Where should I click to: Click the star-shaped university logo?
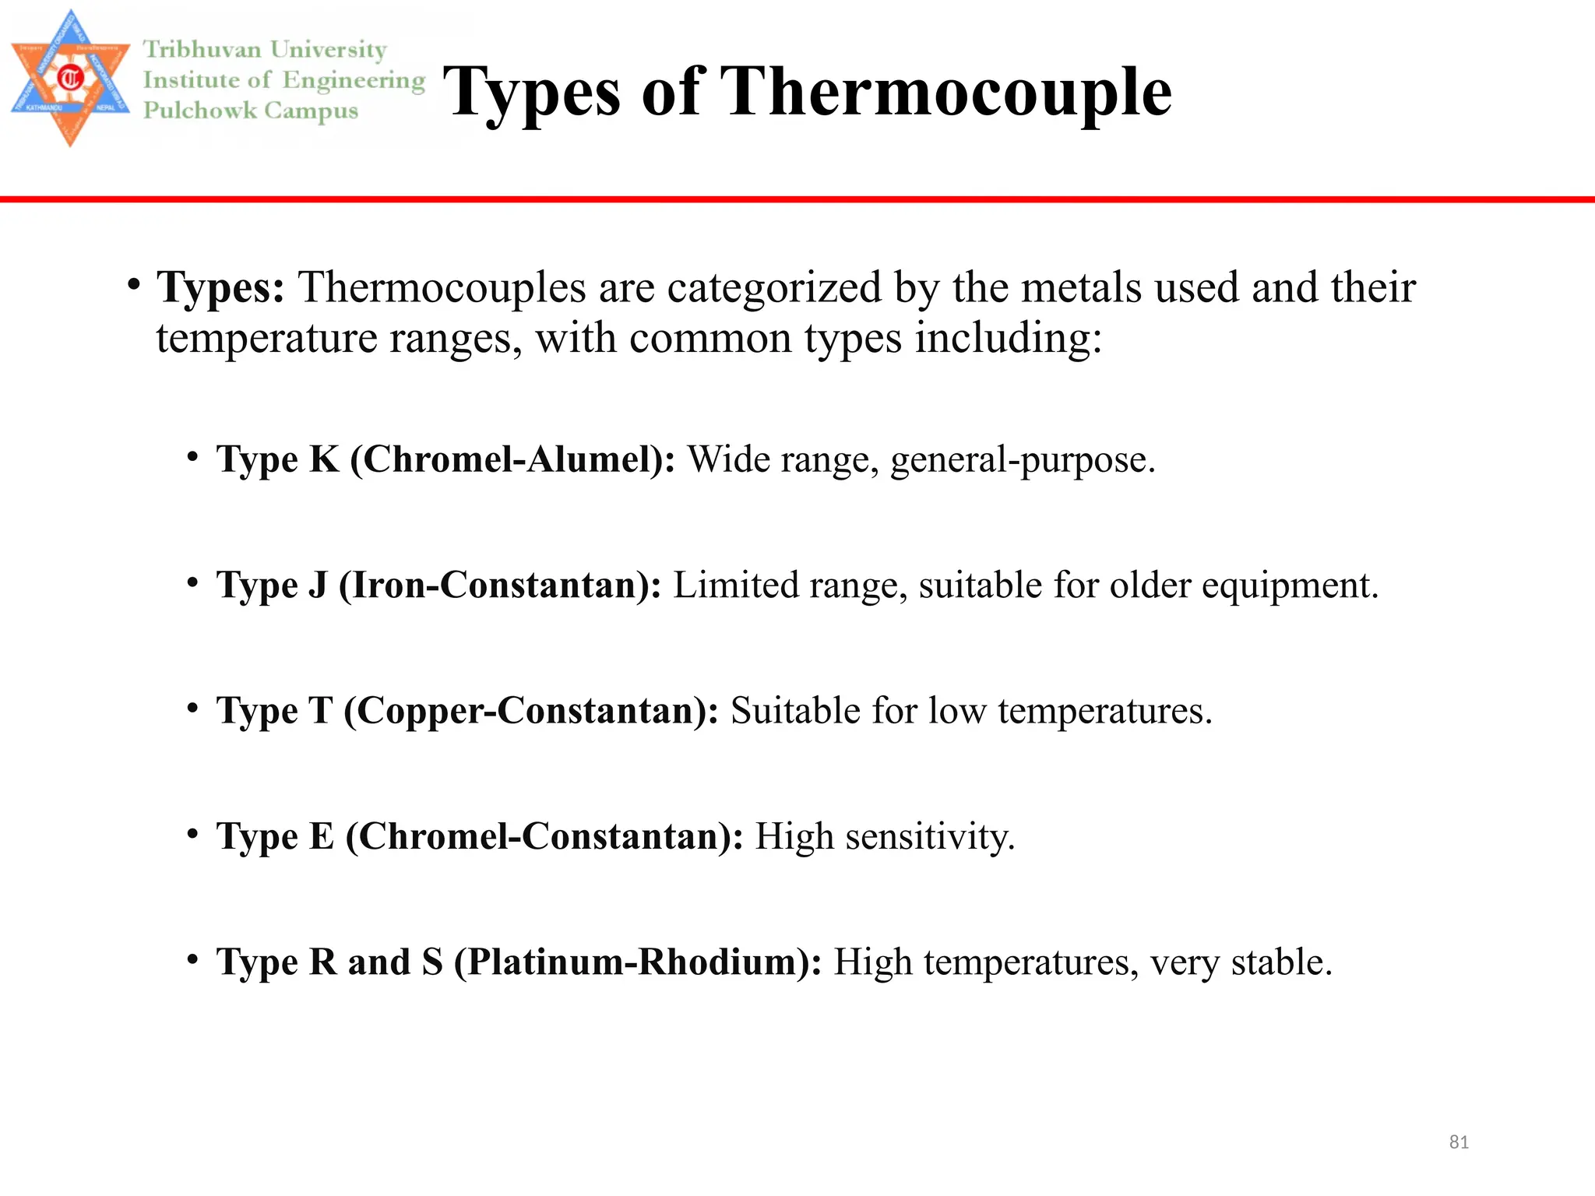(x=70, y=78)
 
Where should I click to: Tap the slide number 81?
(x=1459, y=1142)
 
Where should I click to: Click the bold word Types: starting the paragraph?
(x=221, y=287)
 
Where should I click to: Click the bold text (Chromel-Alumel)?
(x=513, y=459)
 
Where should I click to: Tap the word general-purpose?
(x=1023, y=459)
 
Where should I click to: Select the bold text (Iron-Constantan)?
(x=500, y=585)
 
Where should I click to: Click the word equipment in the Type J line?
(x=1290, y=586)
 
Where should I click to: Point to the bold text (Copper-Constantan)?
(x=531, y=711)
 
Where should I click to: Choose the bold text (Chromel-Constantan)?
(x=544, y=836)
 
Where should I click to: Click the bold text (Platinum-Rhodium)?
(x=638, y=962)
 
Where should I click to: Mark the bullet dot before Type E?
(x=192, y=834)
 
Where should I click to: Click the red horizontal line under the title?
(x=797, y=199)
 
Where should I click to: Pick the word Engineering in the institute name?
(x=354, y=80)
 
